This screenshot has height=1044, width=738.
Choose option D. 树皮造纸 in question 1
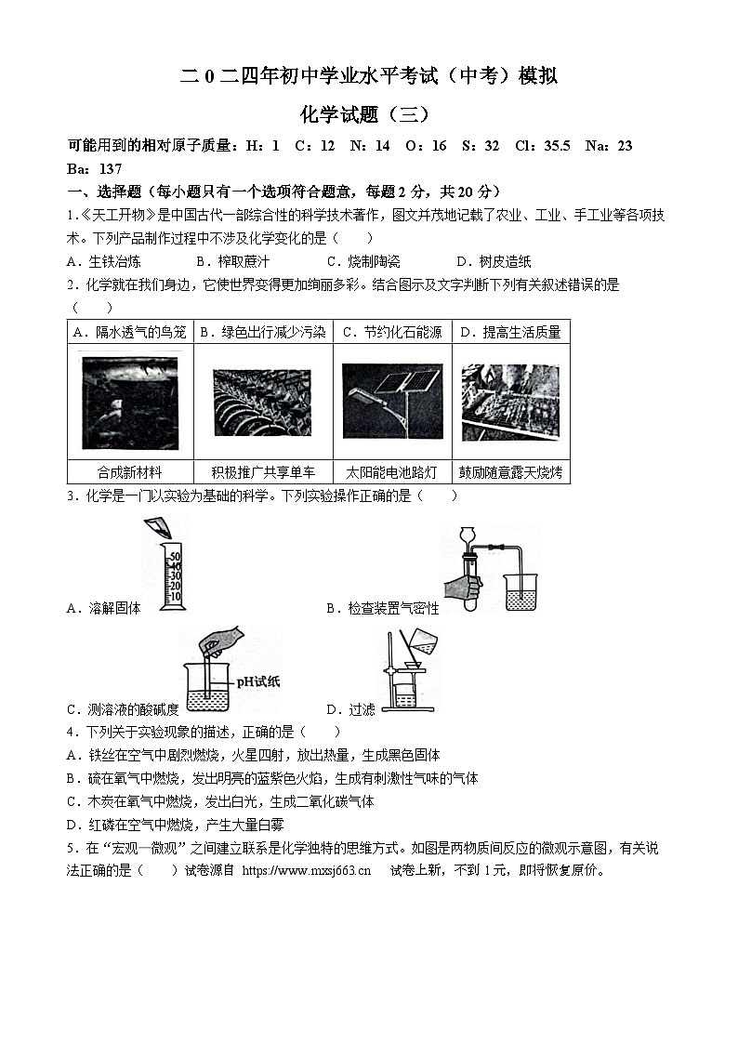pos(494,261)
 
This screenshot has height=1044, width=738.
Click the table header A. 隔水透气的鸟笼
pos(129,332)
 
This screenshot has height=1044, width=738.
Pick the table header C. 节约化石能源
pos(391,332)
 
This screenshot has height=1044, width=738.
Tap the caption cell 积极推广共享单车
pos(263,472)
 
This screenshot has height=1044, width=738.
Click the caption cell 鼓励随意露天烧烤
pos(510,472)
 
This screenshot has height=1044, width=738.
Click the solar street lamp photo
pos(391,401)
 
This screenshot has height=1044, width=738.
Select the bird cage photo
pos(129,403)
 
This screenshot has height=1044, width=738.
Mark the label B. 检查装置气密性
pos(382,609)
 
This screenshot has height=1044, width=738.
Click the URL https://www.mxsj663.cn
pos(306,871)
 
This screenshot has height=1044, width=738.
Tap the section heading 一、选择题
pos(103,192)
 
